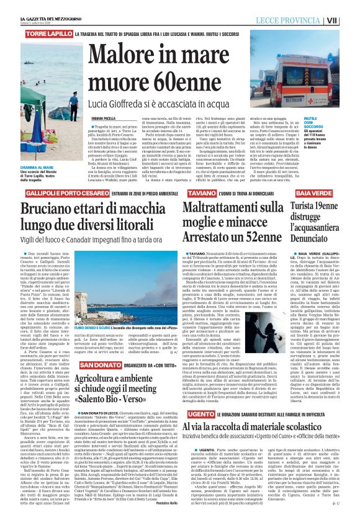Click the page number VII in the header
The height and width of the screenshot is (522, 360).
pyautogui.click(x=349, y=20)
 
